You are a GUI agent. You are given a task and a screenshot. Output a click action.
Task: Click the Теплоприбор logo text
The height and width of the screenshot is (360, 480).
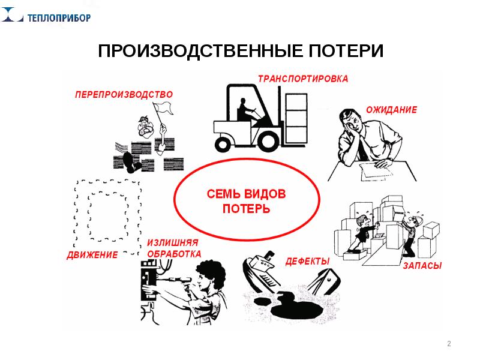[59, 17]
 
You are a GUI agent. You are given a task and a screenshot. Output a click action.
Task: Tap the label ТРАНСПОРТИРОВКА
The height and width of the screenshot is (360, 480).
[302, 78]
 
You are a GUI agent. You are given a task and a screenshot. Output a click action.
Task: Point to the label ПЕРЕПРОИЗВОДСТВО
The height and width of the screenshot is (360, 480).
[124, 94]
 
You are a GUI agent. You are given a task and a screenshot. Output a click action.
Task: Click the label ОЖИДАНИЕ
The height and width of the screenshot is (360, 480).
[391, 110]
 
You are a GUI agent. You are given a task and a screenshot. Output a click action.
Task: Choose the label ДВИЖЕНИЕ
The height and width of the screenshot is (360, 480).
[91, 256]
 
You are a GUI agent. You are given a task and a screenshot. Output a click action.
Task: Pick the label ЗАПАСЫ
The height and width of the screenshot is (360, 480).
[422, 265]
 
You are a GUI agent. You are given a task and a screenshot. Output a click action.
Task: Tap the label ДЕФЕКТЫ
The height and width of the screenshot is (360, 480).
[308, 262]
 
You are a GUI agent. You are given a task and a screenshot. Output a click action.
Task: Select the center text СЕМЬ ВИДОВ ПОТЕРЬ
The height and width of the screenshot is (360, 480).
[246, 202]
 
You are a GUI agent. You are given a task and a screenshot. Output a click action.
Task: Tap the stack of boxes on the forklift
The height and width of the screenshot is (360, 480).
[295, 116]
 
